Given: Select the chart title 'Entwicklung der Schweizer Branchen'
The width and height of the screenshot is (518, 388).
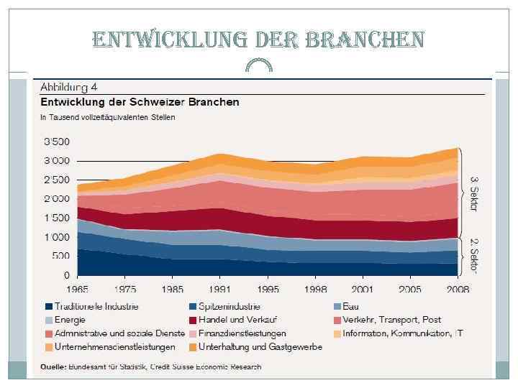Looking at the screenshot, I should click(x=140, y=102).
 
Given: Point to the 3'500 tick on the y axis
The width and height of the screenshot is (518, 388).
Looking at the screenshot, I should click(x=57, y=141).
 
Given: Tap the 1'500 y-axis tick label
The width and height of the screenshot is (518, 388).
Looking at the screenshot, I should click(x=57, y=218).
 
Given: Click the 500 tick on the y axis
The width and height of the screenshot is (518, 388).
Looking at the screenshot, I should click(x=61, y=257).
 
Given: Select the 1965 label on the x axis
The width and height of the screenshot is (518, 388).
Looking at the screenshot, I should click(x=78, y=290).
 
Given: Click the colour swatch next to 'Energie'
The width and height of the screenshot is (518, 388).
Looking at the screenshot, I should click(x=48, y=320).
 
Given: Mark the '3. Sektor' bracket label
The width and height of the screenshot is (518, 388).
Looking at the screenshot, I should click(x=474, y=193).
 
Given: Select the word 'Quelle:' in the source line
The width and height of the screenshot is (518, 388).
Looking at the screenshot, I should click(x=53, y=367).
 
